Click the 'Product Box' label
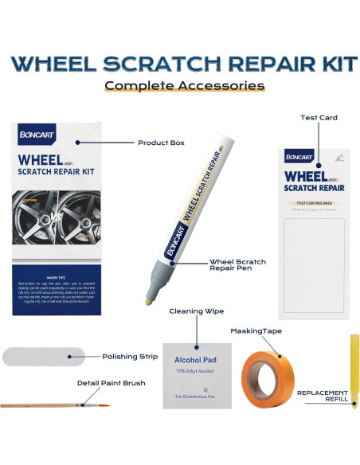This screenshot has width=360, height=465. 161,143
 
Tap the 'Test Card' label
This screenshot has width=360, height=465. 319,118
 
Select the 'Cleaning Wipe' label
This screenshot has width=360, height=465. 192,311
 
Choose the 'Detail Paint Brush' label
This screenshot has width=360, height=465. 112,383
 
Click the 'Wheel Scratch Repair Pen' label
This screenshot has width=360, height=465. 238,266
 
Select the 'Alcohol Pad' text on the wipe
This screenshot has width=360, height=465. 195,359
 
